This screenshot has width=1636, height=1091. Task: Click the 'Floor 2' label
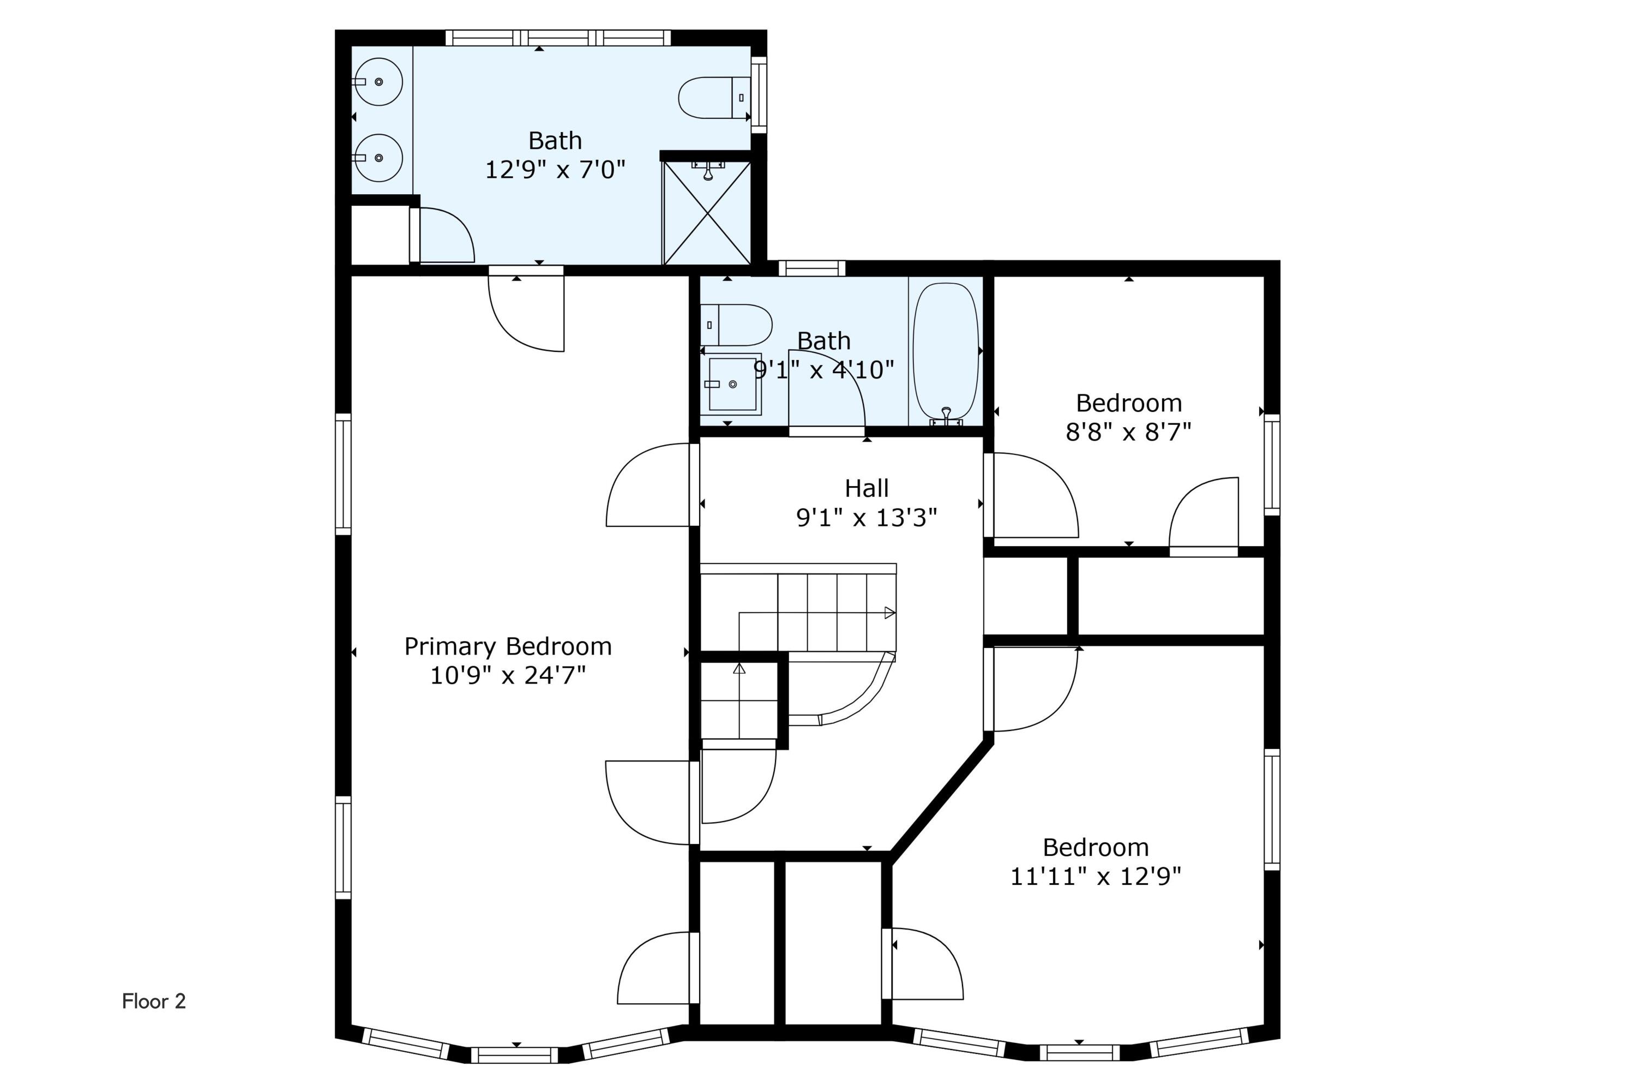[154, 1001]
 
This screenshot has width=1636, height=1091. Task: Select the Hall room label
[866, 488]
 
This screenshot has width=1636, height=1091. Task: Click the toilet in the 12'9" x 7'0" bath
[713, 98]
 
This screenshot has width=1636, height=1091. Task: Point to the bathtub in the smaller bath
[945, 351]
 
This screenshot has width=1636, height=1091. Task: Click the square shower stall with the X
[707, 213]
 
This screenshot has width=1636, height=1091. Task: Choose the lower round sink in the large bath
[378, 158]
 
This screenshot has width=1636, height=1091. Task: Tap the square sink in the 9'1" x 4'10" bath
[732, 384]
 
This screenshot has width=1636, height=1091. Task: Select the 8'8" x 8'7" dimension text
[1128, 432]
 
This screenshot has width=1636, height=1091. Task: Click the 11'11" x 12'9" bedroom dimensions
[1096, 877]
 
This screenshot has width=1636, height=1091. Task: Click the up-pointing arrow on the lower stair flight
[739, 669]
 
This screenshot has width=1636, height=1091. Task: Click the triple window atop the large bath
[558, 38]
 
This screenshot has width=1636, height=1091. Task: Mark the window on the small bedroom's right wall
[1272, 465]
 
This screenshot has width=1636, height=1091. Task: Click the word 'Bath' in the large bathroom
[555, 141]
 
